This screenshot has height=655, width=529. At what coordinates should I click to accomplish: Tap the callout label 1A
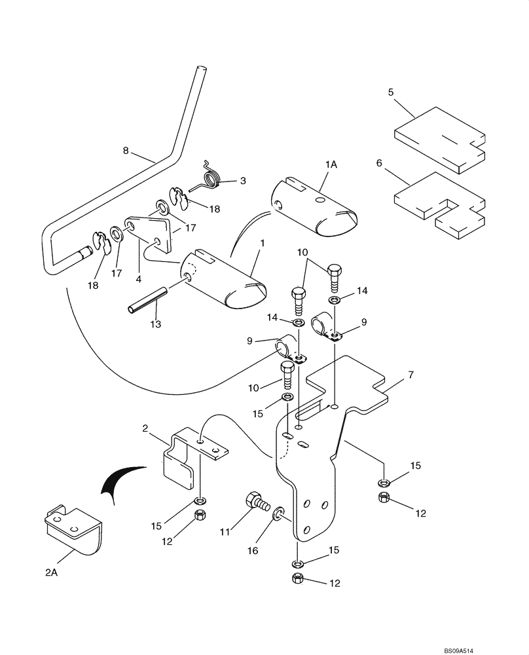(331, 166)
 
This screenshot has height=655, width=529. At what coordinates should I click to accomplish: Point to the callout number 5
(390, 92)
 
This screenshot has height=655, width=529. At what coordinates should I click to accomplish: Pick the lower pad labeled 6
(439, 206)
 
